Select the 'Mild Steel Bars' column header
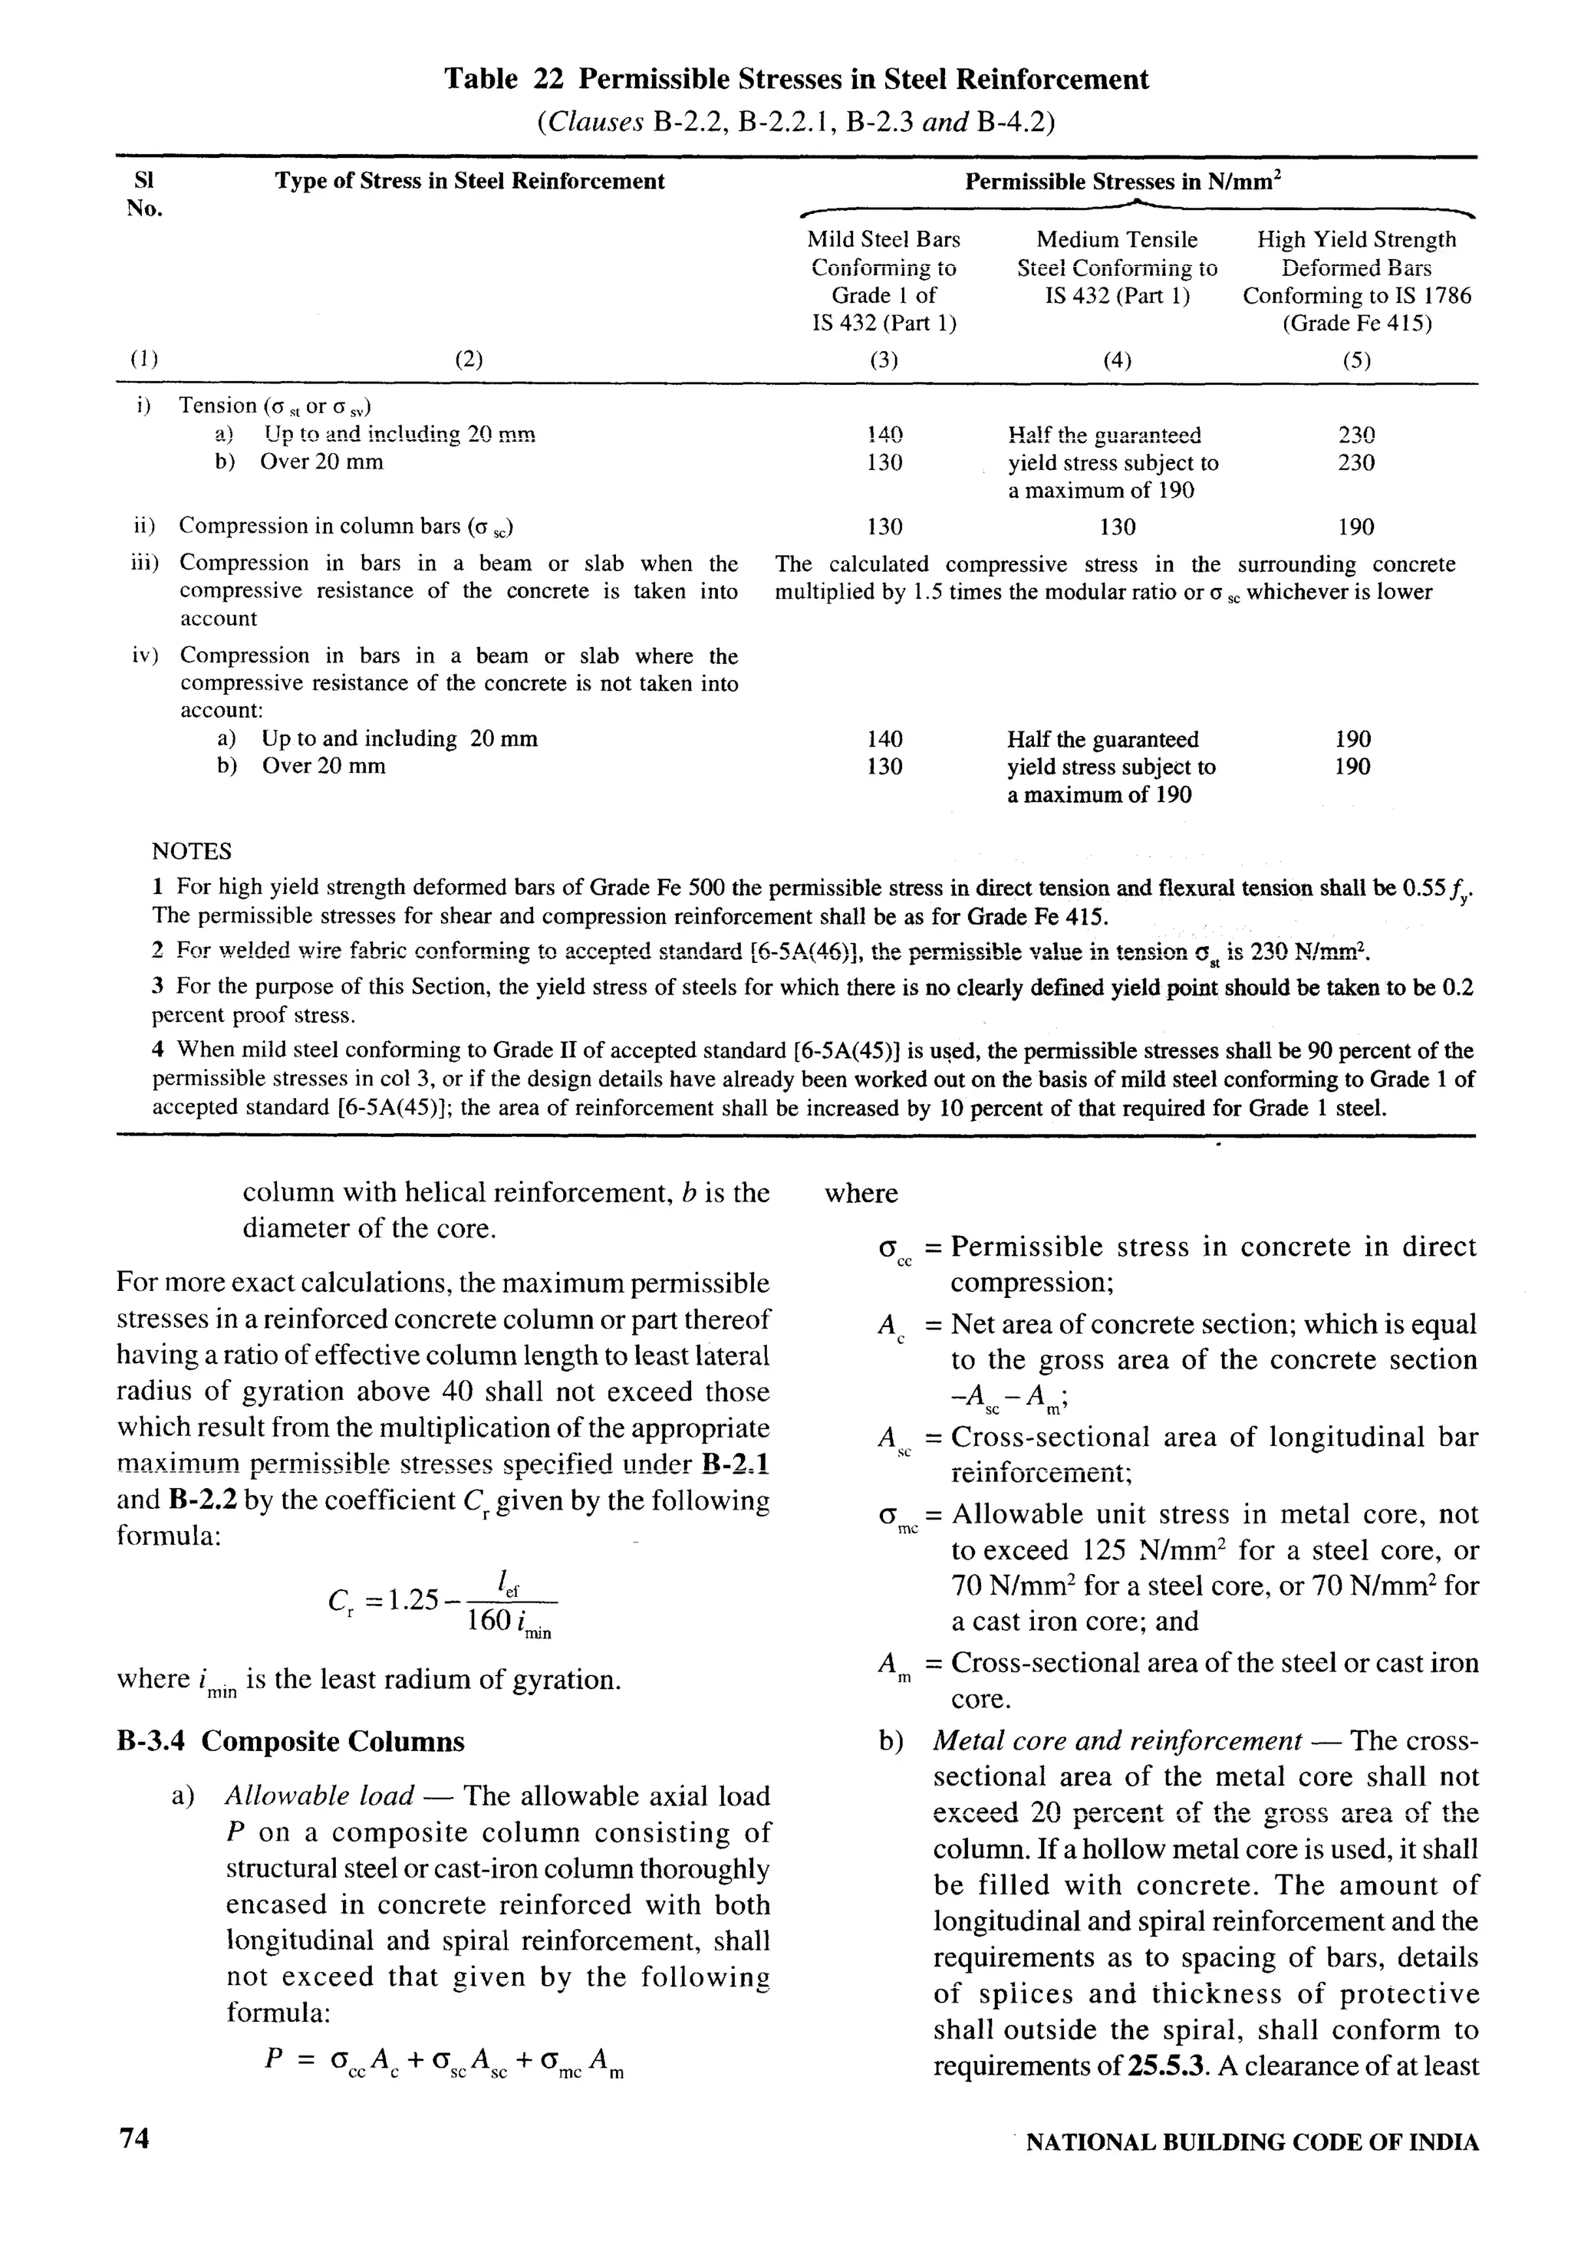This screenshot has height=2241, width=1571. pos(883,239)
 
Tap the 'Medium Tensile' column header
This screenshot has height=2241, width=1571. pos(1116,239)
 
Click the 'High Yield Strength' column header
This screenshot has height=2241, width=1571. pos(1355,239)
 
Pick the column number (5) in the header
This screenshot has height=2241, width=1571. pos(1355,360)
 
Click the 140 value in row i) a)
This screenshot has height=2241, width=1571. pos(884,435)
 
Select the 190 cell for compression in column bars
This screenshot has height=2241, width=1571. pos(1355,527)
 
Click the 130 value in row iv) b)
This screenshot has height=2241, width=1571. pos(884,766)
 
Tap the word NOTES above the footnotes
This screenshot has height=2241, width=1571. pos(191,851)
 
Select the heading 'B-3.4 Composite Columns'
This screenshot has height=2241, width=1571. pos(290,1740)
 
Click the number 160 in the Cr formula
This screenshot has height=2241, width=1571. pos(489,1622)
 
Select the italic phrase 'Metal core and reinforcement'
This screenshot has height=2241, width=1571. pos(1117,1741)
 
